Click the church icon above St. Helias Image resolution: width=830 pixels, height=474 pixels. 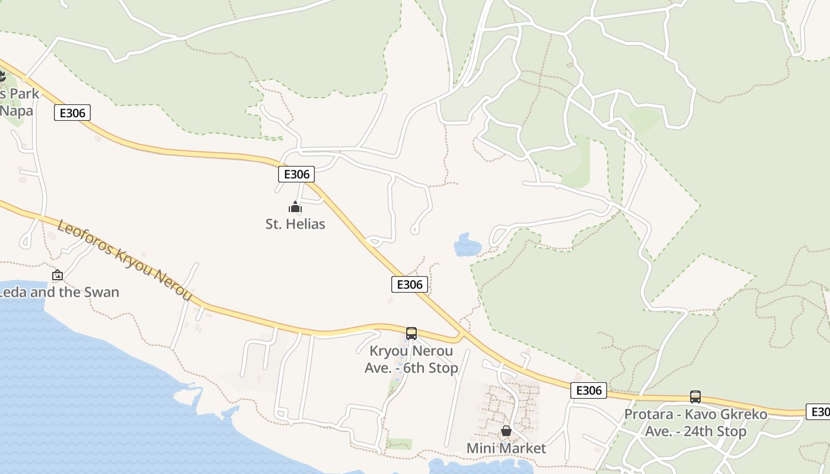[295, 207]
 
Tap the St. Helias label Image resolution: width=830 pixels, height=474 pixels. [295, 224]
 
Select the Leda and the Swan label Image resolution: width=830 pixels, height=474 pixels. [59, 292]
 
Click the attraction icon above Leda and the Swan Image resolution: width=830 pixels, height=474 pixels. [58, 275]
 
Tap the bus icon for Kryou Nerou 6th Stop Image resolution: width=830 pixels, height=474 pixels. [411, 333]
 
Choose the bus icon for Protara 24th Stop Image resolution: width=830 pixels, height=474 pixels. [695, 397]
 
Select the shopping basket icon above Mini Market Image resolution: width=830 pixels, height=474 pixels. [506, 431]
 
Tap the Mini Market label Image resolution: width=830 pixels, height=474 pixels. [506, 448]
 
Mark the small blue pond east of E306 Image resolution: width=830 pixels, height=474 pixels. [467, 245]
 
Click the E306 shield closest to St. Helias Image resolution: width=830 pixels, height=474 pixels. [296, 174]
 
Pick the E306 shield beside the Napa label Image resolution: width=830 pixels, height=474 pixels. [72, 113]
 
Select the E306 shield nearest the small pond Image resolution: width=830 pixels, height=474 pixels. [410, 284]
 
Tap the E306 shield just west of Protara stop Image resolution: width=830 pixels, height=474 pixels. [589, 390]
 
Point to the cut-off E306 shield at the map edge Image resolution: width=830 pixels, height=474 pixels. [819, 412]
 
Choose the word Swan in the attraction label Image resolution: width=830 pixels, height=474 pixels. [100, 292]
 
